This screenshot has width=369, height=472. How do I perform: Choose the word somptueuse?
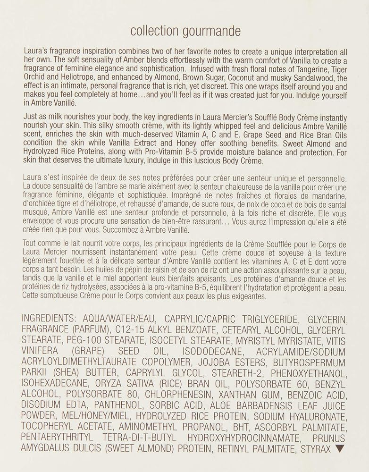click(57, 296)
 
